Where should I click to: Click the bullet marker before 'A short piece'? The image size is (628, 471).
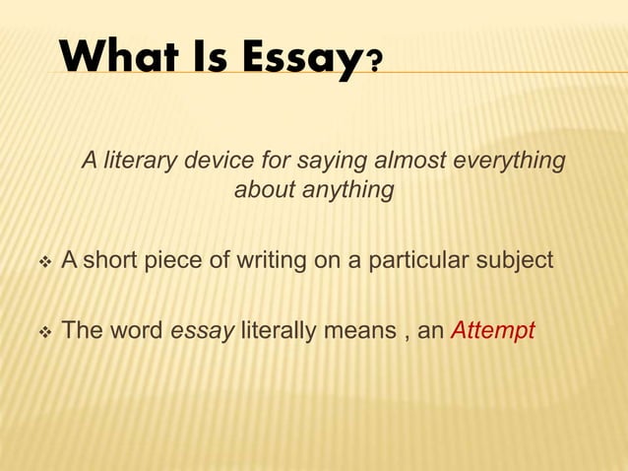[41, 262]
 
